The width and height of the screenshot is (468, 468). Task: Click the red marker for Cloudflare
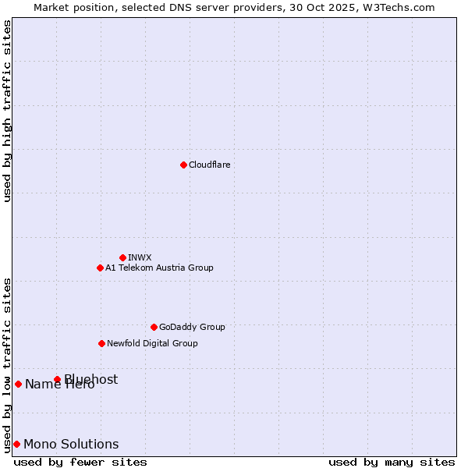[183, 165]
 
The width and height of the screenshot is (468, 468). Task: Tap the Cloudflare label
[210, 165]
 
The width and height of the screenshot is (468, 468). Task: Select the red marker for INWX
[122, 257]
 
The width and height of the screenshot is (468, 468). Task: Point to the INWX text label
[140, 257]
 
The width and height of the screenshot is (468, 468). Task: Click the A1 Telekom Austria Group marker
[100, 268]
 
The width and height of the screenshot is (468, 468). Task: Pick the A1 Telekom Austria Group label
[159, 268]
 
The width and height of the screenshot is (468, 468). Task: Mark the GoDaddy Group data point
[154, 327]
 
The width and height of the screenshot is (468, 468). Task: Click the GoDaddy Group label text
[192, 327]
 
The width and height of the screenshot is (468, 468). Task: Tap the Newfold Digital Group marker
[101, 343]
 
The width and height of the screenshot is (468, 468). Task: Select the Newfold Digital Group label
[152, 343]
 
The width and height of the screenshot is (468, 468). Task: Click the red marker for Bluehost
[57, 379]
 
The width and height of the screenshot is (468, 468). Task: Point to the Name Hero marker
[18, 384]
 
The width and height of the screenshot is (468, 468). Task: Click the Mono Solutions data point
[16, 444]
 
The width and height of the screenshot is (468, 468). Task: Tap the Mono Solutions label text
[71, 445]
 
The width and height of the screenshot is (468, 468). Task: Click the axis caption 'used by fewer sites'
[80, 462]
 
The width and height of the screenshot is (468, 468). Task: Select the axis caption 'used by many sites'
[392, 462]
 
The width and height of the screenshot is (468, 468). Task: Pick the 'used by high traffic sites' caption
[7, 111]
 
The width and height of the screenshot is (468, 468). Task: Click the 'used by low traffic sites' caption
[7, 364]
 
